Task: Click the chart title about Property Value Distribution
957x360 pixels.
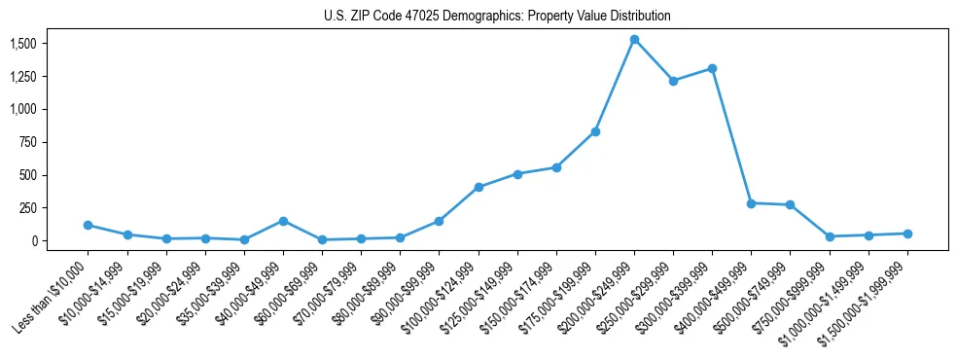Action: tap(497, 17)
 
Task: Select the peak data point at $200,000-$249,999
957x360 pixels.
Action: tap(634, 40)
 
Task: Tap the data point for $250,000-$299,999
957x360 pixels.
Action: tap(673, 81)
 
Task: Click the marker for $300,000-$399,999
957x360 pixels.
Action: tap(712, 68)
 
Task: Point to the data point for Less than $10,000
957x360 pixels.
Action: tap(88, 225)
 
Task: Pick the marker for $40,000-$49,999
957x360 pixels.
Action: tap(283, 221)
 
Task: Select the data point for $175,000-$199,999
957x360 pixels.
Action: tap(595, 131)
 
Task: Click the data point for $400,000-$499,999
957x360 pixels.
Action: tap(751, 203)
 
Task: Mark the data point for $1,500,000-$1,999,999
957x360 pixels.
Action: tap(907, 234)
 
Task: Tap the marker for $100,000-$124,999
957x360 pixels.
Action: tap(478, 187)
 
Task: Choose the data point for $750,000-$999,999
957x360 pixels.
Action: tap(830, 236)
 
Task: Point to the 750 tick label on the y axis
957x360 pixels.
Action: tap(28, 142)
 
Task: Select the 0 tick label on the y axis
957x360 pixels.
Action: tap(34, 240)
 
